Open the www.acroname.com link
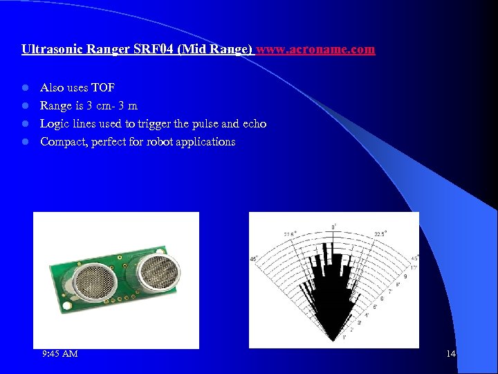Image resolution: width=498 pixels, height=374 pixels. pyautogui.click(x=316, y=50)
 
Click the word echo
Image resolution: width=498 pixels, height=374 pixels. pyautogui.click(x=254, y=124)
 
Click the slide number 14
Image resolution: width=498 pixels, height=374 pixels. pyautogui.click(x=451, y=354)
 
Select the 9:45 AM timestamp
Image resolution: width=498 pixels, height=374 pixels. pyautogui.click(x=59, y=354)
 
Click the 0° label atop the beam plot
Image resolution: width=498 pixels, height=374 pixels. pyautogui.click(x=335, y=226)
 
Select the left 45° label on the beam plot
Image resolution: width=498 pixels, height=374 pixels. pyautogui.click(x=254, y=260)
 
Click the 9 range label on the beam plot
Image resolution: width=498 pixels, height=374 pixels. pyautogui.click(x=405, y=276)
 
